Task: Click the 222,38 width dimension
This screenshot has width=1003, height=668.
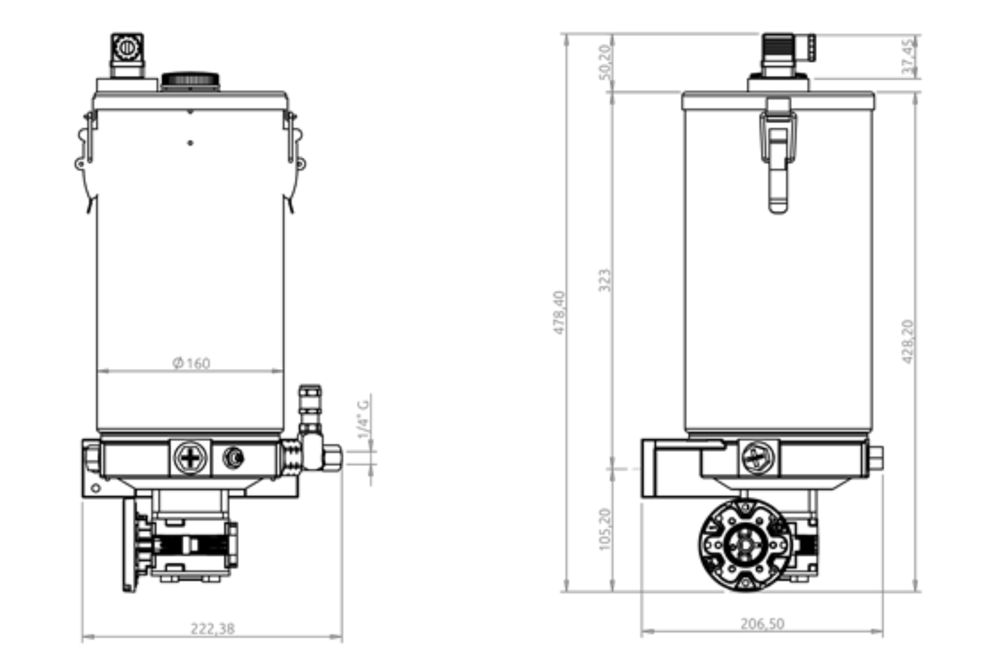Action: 212,628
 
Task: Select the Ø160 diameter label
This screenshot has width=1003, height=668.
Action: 191,363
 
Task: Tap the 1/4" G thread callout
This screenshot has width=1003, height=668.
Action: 364,419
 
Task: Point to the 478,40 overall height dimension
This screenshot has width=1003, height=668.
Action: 559,313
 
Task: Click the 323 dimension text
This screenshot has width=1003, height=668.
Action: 604,280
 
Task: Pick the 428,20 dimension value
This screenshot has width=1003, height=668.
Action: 908,341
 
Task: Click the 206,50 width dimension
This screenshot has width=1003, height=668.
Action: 762,624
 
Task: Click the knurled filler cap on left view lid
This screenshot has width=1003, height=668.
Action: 190,80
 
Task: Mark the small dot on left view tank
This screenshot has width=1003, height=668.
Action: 190,142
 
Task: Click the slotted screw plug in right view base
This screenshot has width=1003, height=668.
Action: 757,458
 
